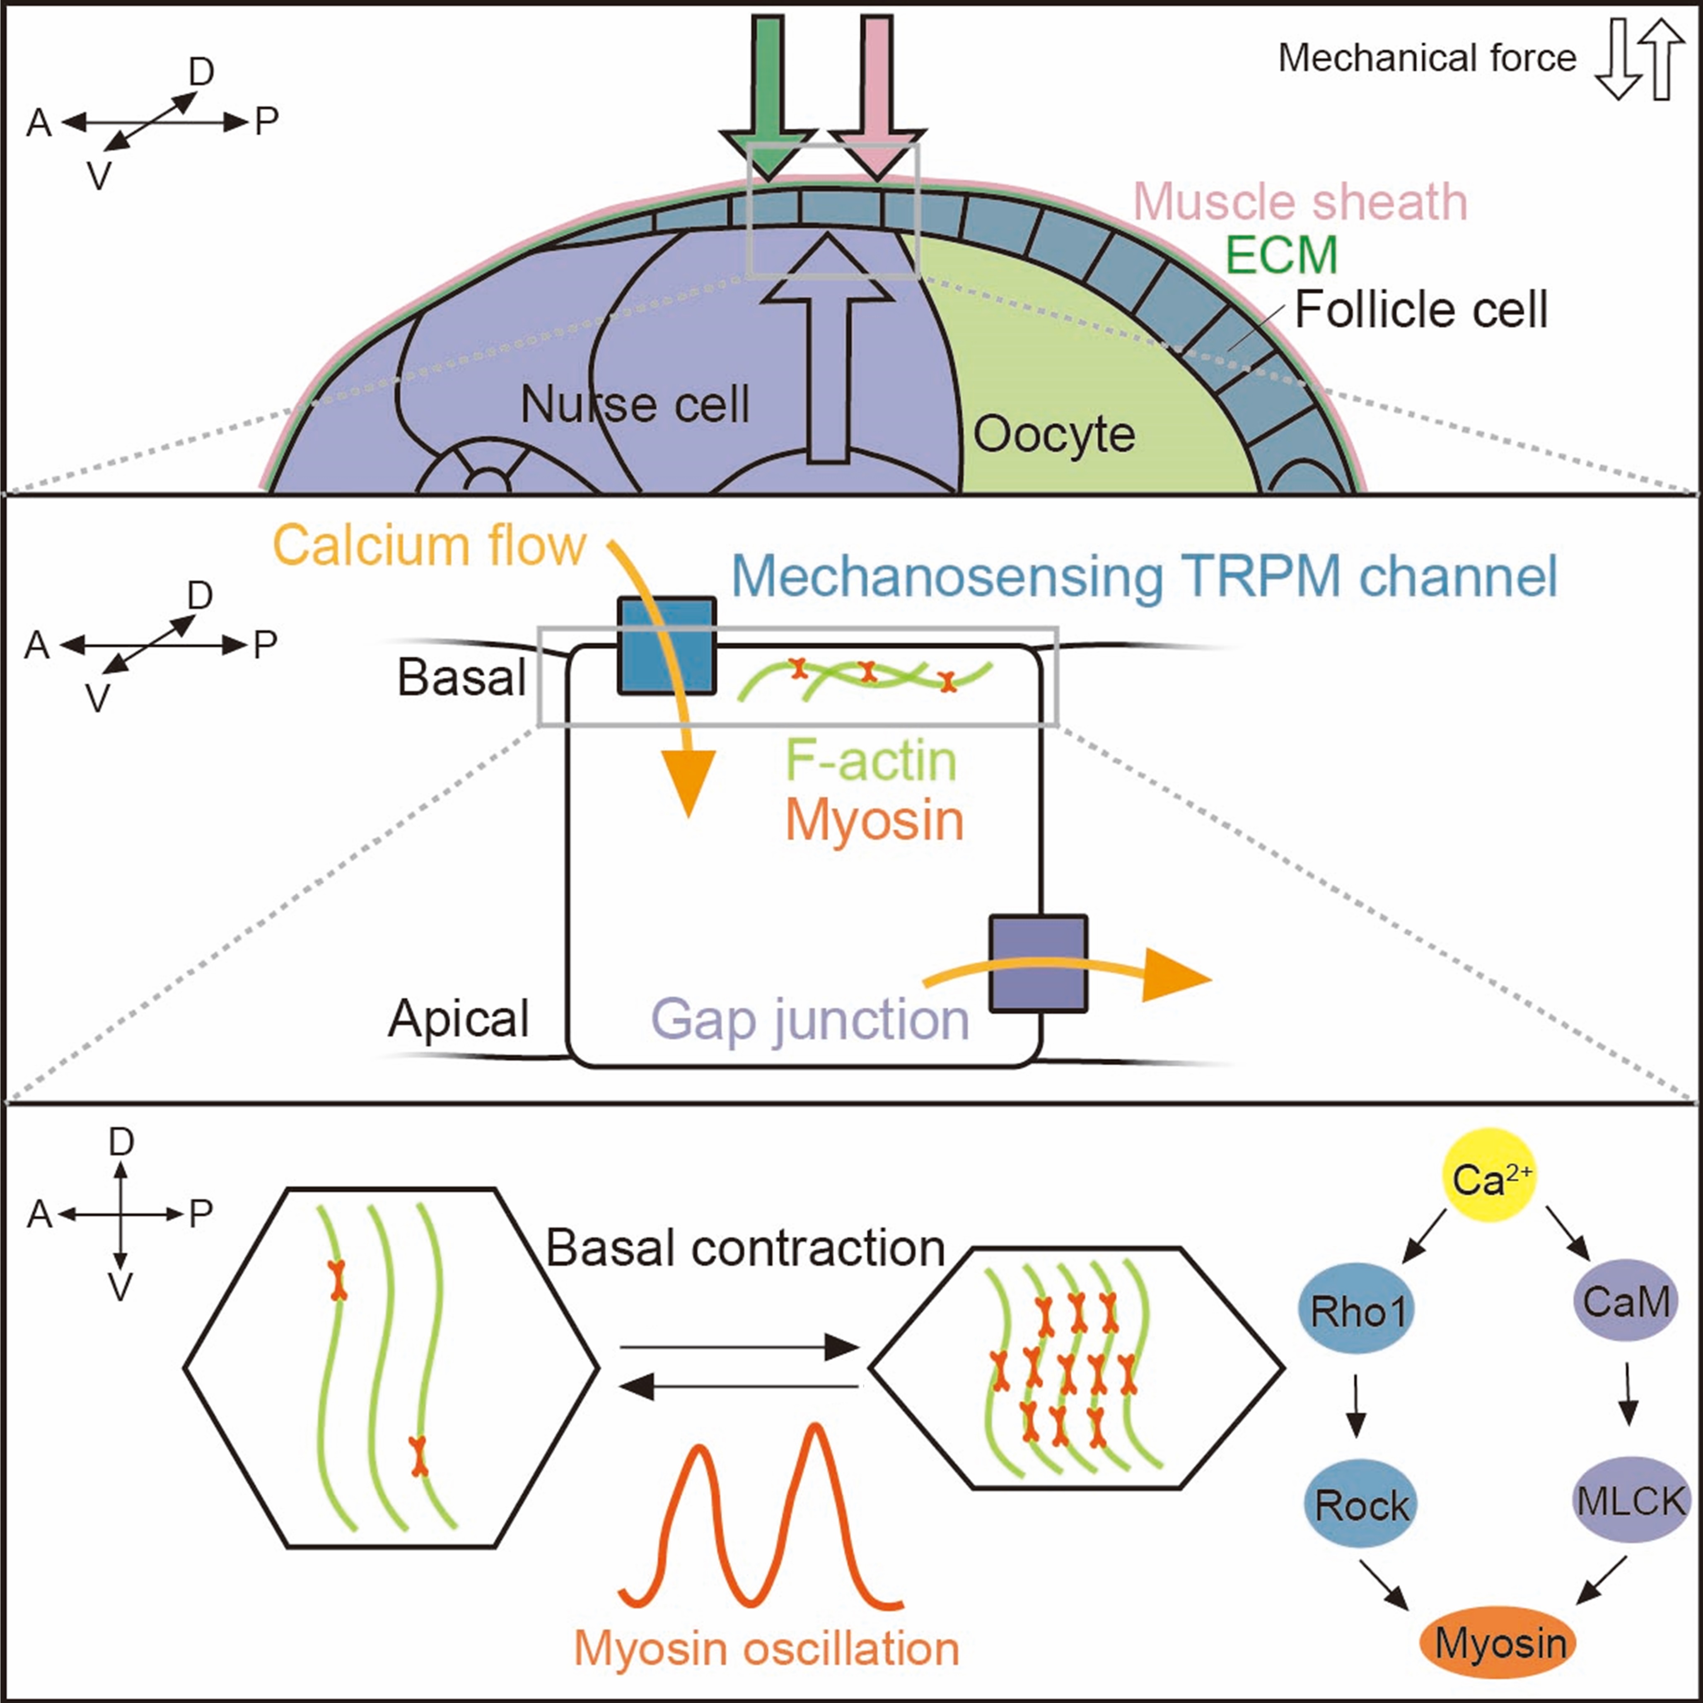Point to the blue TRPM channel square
[667, 645]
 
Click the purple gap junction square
[1037, 964]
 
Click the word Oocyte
[1053, 435]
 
